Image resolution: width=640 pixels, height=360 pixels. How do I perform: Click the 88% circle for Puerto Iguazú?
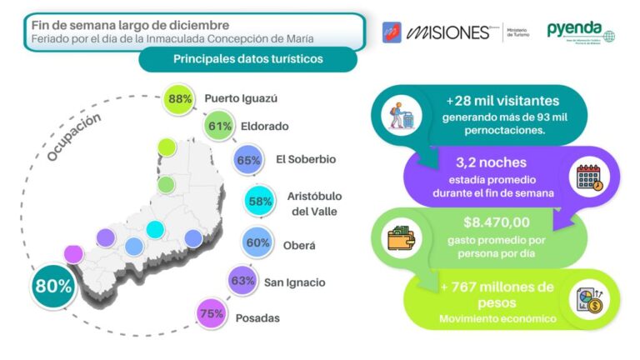pyautogui.click(x=179, y=98)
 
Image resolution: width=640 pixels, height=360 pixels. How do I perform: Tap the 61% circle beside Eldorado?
pyautogui.click(x=220, y=127)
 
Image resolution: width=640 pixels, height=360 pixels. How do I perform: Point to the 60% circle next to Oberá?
pyautogui.click(x=256, y=243)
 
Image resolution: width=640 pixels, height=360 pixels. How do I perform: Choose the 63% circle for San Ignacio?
pyautogui.click(x=242, y=281)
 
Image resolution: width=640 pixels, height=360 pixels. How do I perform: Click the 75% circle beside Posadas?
pyautogui.click(x=212, y=315)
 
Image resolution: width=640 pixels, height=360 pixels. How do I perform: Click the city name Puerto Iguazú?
pyautogui.click(x=241, y=98)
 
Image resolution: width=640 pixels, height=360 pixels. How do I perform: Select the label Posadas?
pyautogui.click(x=257, y=317)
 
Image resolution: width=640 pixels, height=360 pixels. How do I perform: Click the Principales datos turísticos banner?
pyautogui.click(x=247, y=59)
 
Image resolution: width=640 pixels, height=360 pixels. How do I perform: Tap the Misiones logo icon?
pyautogui.click(x=392, y=32)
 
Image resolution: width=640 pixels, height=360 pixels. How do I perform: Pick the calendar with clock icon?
pyautogui.click(x=590, y=178)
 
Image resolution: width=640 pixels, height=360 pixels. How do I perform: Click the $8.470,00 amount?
pyautogui.click(x=497, y=222)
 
